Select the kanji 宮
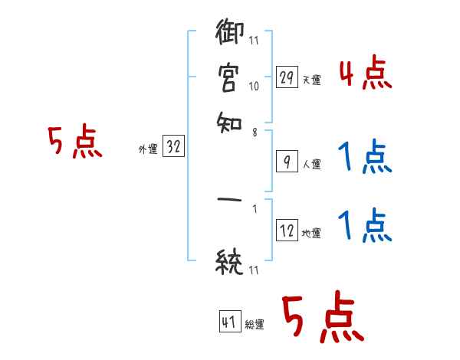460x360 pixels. tap(229, 77)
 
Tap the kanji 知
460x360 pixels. tap(229, 119)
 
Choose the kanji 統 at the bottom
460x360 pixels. tap(229, 263)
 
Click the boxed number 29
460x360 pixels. tap(287, 78)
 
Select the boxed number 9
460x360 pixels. tap(287, 162)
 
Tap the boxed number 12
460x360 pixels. tap(287, 231)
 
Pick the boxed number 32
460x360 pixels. tap(173, 148)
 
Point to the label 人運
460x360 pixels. tap(311, 164)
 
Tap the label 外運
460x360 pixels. tap(147, 150)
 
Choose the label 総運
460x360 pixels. tap(255, 324)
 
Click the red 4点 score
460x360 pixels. tap(365, 75)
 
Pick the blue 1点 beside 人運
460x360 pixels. tap(365, 158)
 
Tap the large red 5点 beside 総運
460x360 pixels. tap(321, 319)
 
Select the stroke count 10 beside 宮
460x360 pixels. tap(254, 87)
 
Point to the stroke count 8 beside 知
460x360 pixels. tap(254, 132)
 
